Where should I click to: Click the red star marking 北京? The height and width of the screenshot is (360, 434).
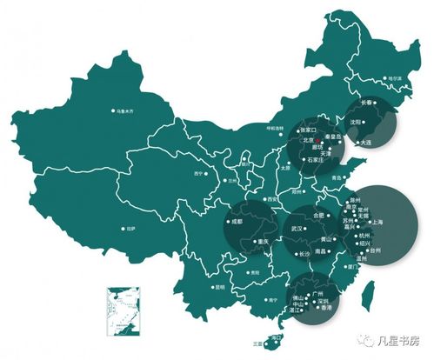319,138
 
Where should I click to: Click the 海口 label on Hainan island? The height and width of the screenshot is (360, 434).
277,337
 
